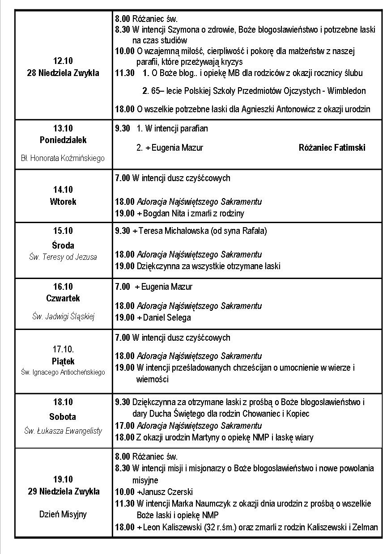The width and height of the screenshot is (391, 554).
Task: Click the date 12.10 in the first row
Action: tap(63, 61)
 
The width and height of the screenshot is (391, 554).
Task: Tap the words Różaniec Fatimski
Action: tap(331, 148)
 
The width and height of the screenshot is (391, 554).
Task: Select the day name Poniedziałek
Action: tap(63, 140)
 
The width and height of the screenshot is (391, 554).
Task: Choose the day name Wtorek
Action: tap(63, 202)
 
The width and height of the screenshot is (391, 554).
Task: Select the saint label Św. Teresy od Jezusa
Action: tap(63, 257)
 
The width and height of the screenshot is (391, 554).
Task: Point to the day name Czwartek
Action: tap(63, 298)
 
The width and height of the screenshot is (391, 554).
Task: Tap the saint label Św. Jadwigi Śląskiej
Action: tap(63, 317)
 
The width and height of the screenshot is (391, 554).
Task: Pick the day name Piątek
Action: tap(63, 361)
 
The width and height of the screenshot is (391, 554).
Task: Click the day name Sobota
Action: tap(63, 417)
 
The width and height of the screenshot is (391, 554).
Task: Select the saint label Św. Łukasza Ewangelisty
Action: tap(63, 431)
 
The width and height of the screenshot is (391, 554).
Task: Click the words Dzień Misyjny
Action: tap(63, 514)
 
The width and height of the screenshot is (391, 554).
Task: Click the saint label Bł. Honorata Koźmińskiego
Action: tap(63, 158)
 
